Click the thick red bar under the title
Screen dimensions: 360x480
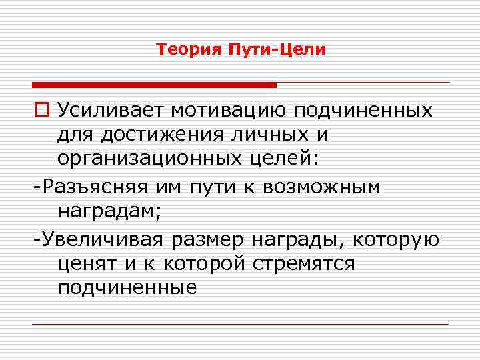pyautogui.click(x=154, y=85)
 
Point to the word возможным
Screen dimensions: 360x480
pyautogui.click(x=321, y=187)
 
